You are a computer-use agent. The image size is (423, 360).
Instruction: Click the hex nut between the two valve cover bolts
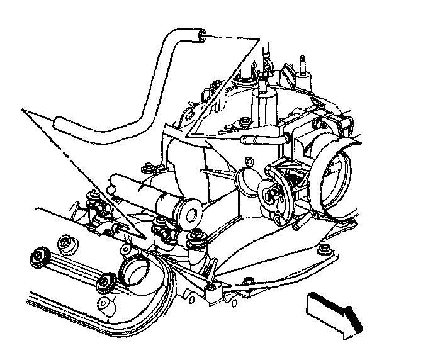(x=62, y=242)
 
